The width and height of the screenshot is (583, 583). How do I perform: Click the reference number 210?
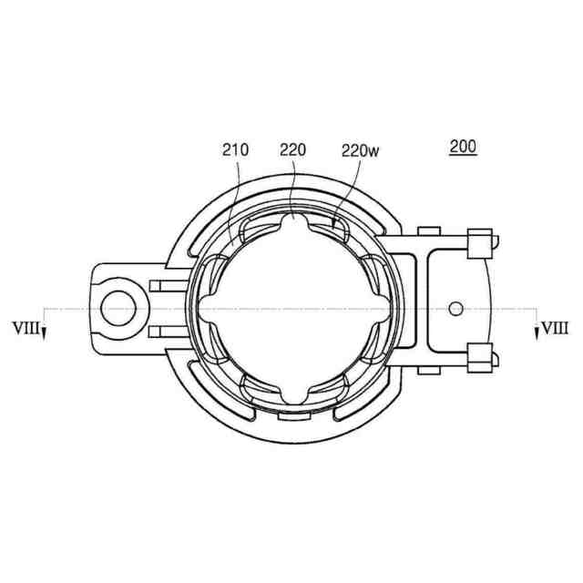pyautogui.click(x=235, y=150)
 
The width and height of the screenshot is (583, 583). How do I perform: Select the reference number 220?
pyautogui.click(x=293, y=150)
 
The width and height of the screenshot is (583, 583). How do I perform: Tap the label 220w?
pyautogui.click(x=361, y=151)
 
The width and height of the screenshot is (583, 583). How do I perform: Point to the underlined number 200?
pyautogui.click(x=463, y=147)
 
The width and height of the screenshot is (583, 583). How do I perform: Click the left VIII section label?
pyautogui.click(x=26, y=328)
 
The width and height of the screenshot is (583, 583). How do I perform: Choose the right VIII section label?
pyautogui.click(x=555, y=328)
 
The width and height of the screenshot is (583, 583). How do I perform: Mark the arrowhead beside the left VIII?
pyautogui.click(x=44, y=333)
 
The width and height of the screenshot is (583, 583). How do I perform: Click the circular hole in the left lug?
pyautogui.click(x=118, y=309)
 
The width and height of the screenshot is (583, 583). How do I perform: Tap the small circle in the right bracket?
pyautogui.click(x=455, y=308)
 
